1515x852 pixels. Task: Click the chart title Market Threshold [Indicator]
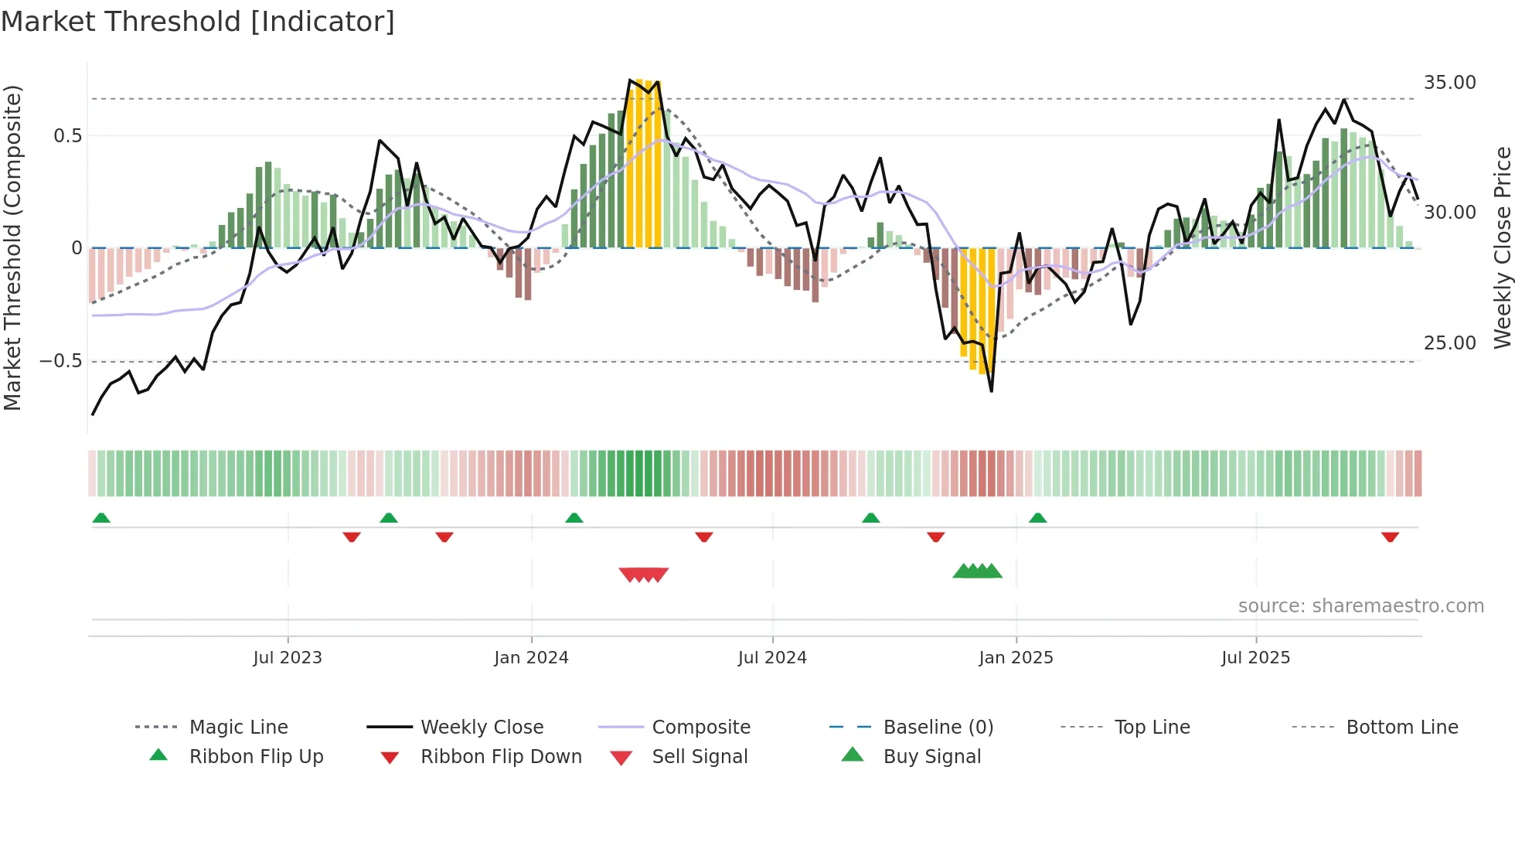click(198, 22)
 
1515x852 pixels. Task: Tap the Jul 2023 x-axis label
click(288, 658)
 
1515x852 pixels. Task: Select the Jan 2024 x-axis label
click(531, 658)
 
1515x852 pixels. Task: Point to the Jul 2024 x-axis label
click(772, 658)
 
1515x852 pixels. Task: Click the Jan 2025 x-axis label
click(1016, 658)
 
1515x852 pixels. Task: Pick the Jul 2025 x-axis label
click(1256, 658)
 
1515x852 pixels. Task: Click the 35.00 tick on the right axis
click(1449, 83)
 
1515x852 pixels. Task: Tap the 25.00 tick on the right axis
click(1449, 343)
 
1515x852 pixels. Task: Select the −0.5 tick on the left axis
click(60, 361)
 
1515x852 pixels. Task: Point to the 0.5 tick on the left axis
click(67, 136)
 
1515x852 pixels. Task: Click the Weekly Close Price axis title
click(1502, 247)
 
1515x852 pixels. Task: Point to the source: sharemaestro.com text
click(1360, 606)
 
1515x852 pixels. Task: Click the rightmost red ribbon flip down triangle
click(1390, 537)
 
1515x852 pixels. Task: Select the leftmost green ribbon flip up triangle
click(101, 518)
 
